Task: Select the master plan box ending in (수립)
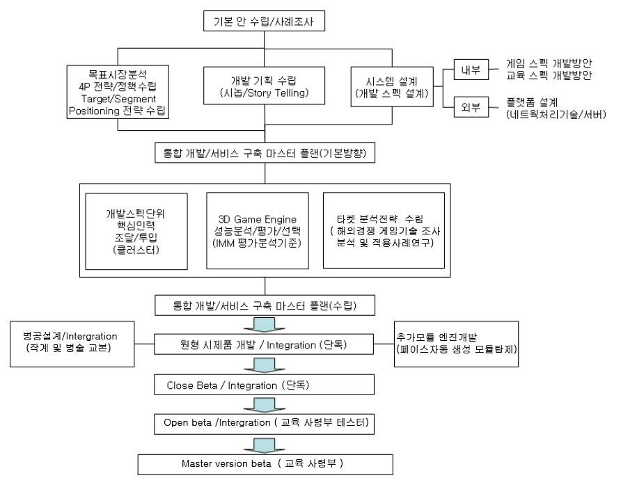265,304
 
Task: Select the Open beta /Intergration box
262,422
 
